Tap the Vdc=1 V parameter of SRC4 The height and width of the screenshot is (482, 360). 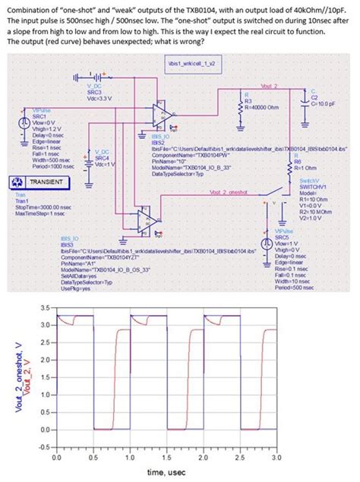pos(104,165)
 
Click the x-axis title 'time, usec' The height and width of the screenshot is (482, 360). pos(166,474)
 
